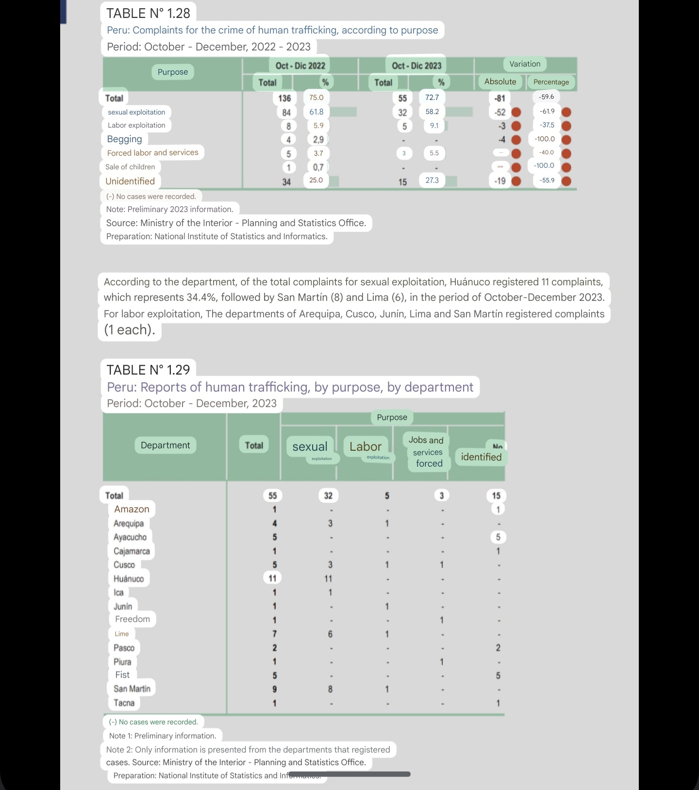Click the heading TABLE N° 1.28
(148, 13)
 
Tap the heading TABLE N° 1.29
(148, 370)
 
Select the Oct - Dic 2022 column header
(300, 66)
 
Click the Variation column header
(525, 64)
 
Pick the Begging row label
(125, 139)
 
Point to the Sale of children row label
(130, 167)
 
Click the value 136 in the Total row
(284, 98)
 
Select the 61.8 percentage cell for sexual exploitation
(316, 112)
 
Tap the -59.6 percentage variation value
(546, 97)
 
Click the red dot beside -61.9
(566, 112)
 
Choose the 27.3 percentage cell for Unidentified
(432, 181)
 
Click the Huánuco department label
(129, 578)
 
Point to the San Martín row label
(132, 689)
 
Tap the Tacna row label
(124, 703)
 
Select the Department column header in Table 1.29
(165, 445)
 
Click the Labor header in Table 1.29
(366, 446)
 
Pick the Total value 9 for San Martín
(275, 689)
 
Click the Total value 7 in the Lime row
(275, 634)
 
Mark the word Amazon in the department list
(132, 509)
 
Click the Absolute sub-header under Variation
(500, 82)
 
